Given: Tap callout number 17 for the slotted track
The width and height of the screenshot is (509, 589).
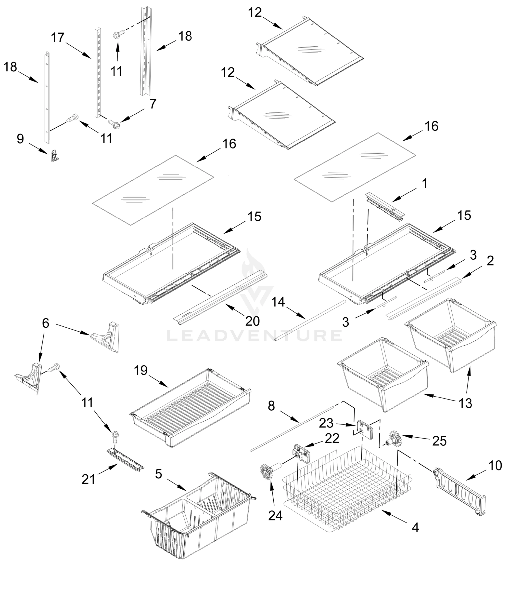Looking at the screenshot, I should (x=58, y=38).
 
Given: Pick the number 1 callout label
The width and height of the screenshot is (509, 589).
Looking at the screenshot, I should (x=425, y=184).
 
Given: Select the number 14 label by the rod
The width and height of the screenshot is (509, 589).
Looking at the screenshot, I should (x=278, y=302).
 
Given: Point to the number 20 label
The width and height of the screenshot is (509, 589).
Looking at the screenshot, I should (x=252, y=321).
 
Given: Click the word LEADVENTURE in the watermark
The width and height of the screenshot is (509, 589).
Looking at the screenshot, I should (x=254, y=335).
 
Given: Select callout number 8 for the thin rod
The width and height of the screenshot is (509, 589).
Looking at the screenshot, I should (x=271, y=406).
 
